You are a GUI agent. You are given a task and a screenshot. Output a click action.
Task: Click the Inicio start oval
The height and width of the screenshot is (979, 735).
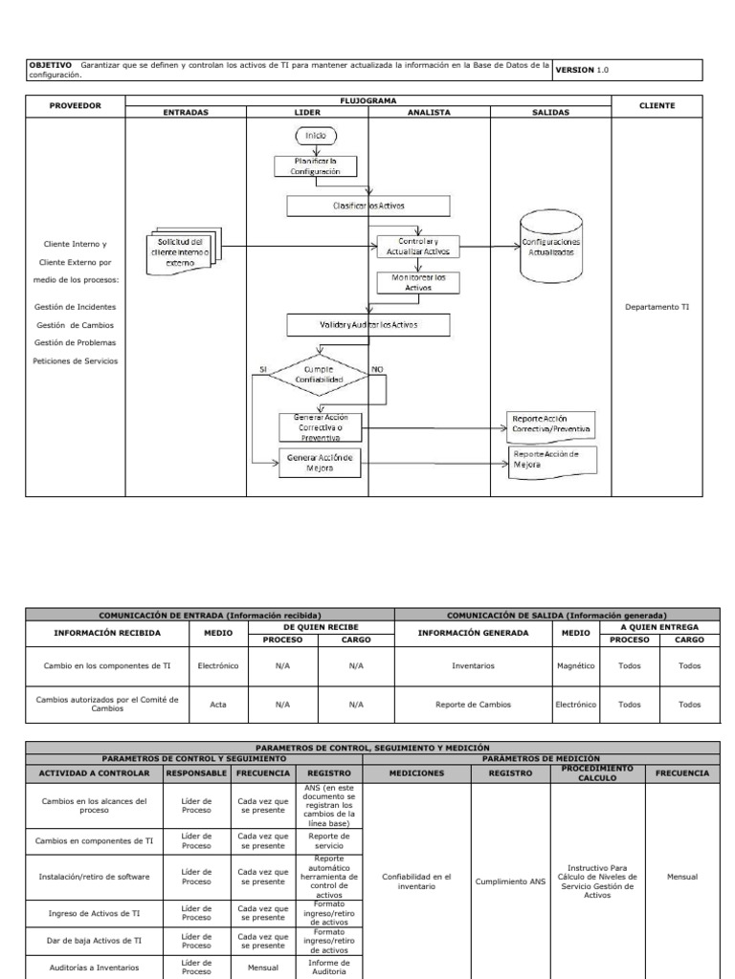coord(315,137)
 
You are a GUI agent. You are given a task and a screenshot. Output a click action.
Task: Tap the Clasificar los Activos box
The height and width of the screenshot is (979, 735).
coord(368,206)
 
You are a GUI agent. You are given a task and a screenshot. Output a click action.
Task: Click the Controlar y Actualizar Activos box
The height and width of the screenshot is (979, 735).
coord(418,247)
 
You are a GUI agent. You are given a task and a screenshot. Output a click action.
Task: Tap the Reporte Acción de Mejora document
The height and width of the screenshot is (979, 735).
coord(548,460)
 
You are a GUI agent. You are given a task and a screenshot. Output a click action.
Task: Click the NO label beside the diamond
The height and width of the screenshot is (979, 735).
coord(377,369)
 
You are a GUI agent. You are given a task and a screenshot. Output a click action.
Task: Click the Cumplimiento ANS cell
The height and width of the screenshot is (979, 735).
coord(509,882)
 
